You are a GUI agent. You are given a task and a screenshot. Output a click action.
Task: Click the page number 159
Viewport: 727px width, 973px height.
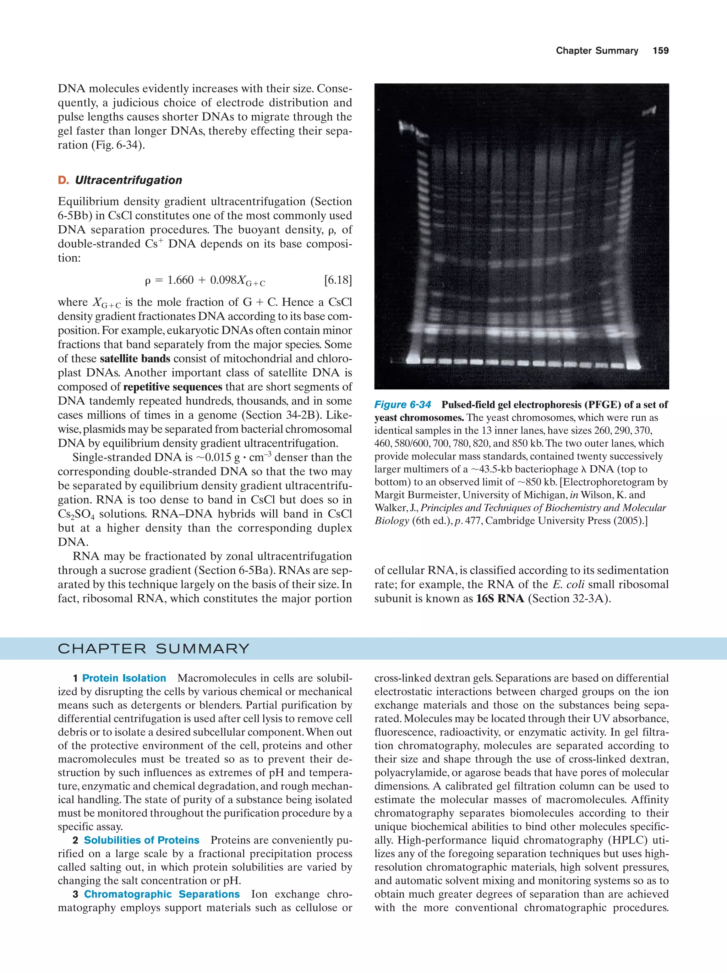660,51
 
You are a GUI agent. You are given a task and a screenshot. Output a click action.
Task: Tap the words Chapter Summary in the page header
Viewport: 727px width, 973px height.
596,51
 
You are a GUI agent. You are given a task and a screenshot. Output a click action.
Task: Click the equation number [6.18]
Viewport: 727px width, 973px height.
338,280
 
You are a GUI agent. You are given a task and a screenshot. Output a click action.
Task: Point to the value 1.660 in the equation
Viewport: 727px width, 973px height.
180,280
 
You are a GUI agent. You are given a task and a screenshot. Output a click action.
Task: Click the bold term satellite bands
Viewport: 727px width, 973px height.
135,359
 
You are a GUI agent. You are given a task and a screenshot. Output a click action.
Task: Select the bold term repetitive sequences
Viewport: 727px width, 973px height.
173,387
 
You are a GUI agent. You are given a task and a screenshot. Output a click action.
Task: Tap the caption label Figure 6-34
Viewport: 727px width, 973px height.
403,405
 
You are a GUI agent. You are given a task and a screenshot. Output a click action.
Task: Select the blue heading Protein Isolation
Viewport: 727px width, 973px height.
124,678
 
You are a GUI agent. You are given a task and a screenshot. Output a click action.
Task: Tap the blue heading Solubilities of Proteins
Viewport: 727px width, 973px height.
142,840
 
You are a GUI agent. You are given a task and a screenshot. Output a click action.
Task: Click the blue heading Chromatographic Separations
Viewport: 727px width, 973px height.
162,894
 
